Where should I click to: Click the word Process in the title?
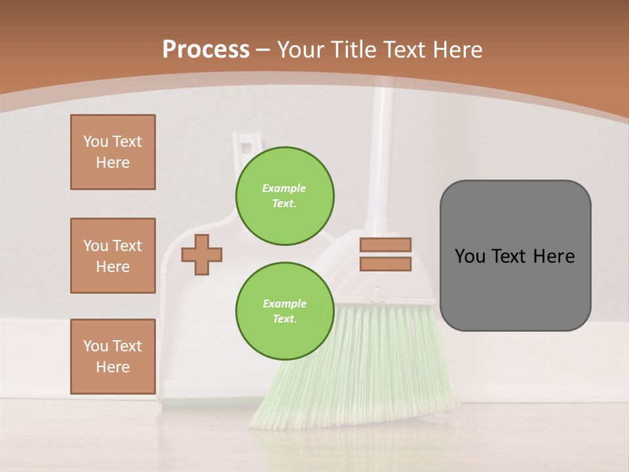tap(206, 50)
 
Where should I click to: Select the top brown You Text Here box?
tap(113, 152)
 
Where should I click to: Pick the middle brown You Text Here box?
tap(113, 256)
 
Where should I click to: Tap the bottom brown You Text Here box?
tap(113, 356)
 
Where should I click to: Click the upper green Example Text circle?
tap(284, 195)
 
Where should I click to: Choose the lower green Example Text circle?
tap(284, 311)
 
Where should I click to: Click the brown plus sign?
tap(201, 254)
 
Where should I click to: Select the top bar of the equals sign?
tap(385, 245)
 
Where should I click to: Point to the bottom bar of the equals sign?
tap(385, 264)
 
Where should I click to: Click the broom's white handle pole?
tap(383, 151)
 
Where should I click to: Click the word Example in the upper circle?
tap(284, 188)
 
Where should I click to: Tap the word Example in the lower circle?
tap(284, 304)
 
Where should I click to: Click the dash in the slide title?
tap(263, 50)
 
